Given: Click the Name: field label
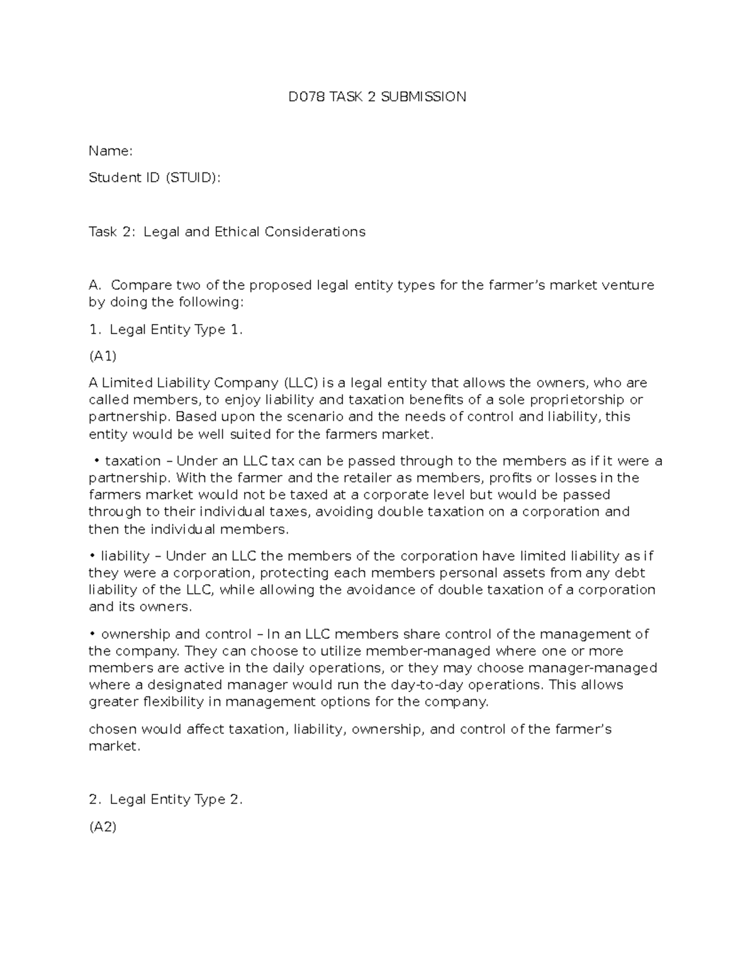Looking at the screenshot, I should tap(110, 151).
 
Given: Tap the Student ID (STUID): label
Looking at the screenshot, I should tap(155, 178).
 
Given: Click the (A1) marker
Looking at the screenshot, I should tap(103, 357).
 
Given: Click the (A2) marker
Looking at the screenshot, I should tap(103, 827).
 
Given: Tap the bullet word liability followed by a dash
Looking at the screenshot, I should tap(125, 556).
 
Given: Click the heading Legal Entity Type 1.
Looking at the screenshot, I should tap(176, 330).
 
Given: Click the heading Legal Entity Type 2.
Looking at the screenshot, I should tap(176, 800).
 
